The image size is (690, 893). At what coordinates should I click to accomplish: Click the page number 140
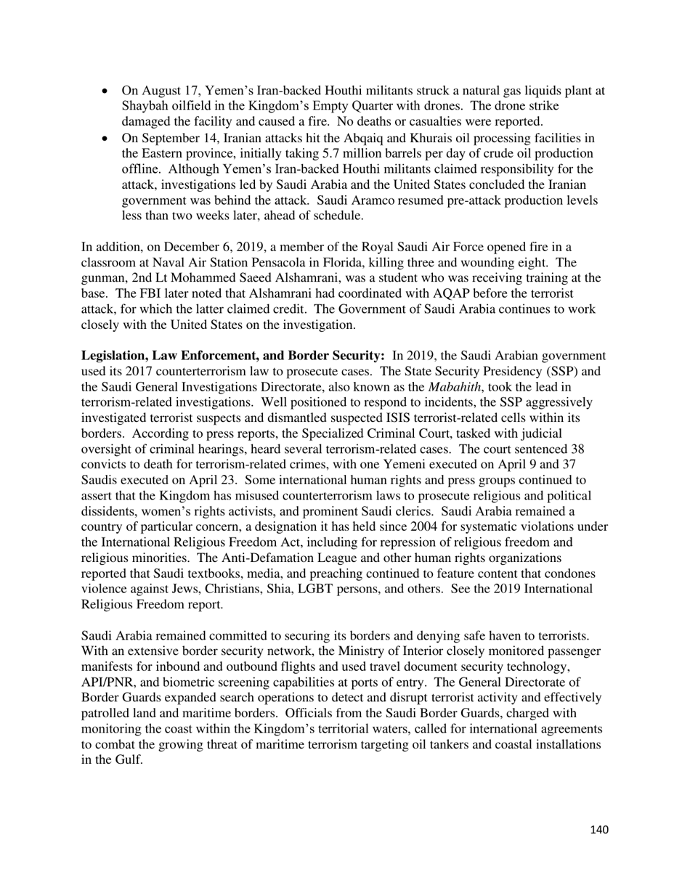pos(599,830)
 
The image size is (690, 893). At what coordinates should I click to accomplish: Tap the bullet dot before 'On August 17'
pos(106,91)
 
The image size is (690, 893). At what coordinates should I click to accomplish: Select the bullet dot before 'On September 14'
pos(106,138)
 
